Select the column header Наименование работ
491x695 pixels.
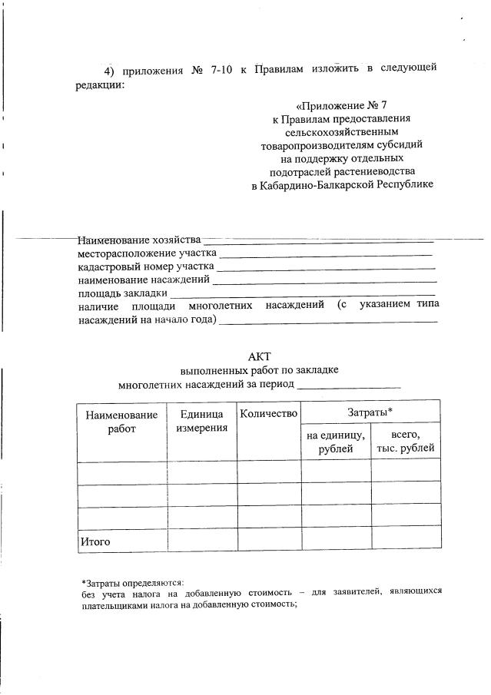coord(121,422)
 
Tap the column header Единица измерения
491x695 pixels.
coord(201,421)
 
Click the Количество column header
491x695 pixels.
coord(268,414)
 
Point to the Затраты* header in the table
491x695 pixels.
coord(370,412)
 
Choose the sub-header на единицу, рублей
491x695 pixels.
coord(336,442)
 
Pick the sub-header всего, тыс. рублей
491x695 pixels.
coord(405,442)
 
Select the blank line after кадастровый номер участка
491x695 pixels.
coord(326,267)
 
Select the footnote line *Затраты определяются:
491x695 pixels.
coord(132,582)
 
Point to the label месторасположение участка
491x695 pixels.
coord(147,253)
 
